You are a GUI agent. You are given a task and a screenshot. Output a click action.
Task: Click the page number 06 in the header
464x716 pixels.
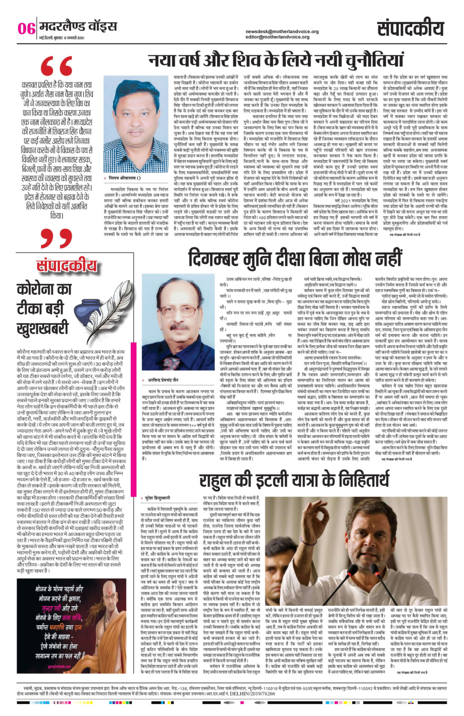tap(26, 29)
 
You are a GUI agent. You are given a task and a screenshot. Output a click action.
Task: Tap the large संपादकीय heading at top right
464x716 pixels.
tap(410, 29)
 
